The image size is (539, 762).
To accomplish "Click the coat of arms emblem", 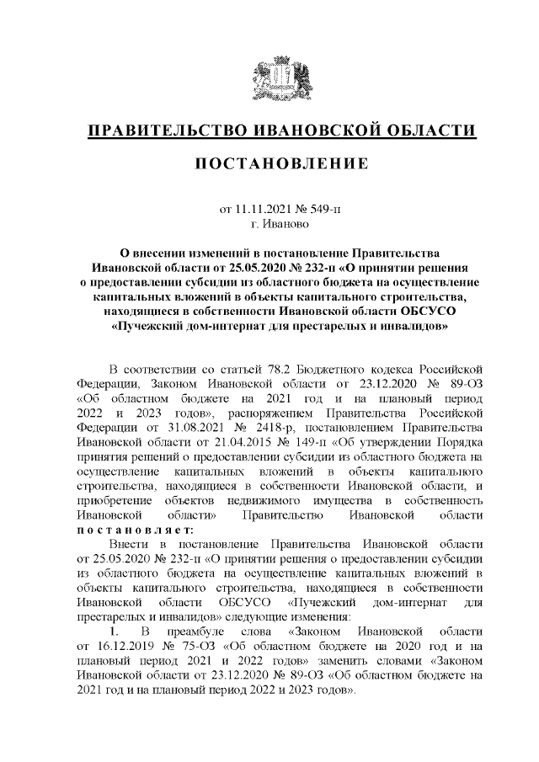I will point(270,77).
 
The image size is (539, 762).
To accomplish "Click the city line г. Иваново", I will point(270,224).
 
